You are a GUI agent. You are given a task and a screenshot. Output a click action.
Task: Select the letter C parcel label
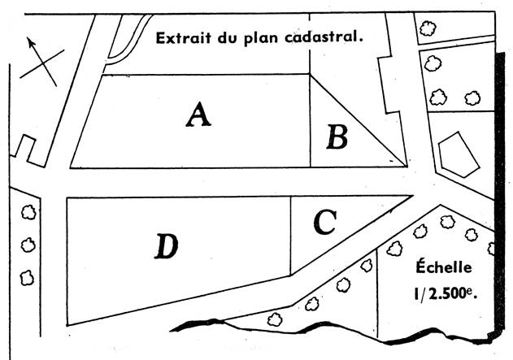click(x=324, y=222)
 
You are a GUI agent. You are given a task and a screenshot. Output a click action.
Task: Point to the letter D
click(x=166, y=246)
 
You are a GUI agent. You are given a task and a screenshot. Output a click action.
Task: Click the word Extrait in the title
click(x=180, y=37)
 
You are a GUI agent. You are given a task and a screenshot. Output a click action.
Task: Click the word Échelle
click(x=444, y=267)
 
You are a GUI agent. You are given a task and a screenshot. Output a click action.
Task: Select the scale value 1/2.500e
click(x=444, y=294)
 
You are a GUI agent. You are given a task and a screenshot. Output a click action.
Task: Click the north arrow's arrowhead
click(x=30, y=41)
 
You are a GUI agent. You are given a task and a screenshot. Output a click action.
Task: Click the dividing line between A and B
click(x=311, y=122)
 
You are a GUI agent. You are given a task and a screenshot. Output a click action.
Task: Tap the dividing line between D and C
click(x=291, y=236)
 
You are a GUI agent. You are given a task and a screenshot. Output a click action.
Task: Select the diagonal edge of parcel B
click(x=358, y=119)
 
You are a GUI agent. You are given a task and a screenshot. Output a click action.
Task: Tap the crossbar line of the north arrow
click(x=39, y=64)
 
